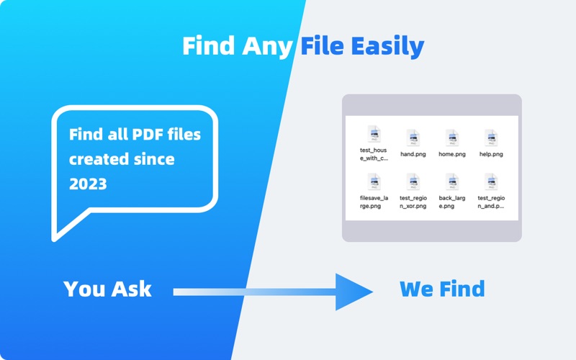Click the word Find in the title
[209, 47]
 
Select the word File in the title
[323, 47]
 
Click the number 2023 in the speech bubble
[88, 184]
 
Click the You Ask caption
[107, 289]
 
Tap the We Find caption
[442, 289]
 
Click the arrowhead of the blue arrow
[354, 292]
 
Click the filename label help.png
[491, 154]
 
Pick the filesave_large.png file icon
[374, 181]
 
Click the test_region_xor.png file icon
[413, 181]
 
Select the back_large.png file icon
[452, 181]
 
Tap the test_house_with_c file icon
[374, 134]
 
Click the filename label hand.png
[413, 154]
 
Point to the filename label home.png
[452, 154]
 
